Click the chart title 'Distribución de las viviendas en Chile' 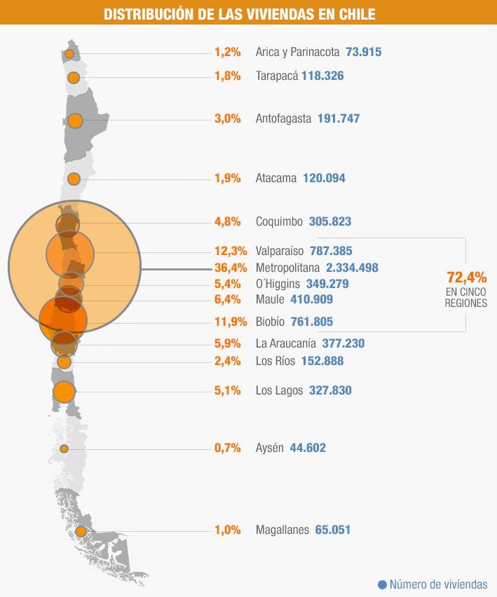(x=239, y=14)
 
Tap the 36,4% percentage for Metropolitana (x=227, y=268)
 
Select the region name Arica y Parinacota (x=297, y=52)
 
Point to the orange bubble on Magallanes (x=81, y=531)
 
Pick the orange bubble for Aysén (x=64, y=448)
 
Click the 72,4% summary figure (x=467, y=277)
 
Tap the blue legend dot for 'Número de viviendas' (x=382, y=584)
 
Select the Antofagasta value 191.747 (x=339, y=118)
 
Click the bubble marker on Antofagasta (x=75, y=121)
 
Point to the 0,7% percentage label (x=227, y=448)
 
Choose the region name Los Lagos (x=279, y=390)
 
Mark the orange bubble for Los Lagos (x=64, y=392)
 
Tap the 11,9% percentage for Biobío (x=227, y=322)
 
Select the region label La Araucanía (x=286, y=343)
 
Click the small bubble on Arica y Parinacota (x=69, y=54)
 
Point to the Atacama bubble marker (x=74, y=179)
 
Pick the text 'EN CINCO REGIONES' (x=466, y=298)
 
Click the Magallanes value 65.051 (x=333, y=530)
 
